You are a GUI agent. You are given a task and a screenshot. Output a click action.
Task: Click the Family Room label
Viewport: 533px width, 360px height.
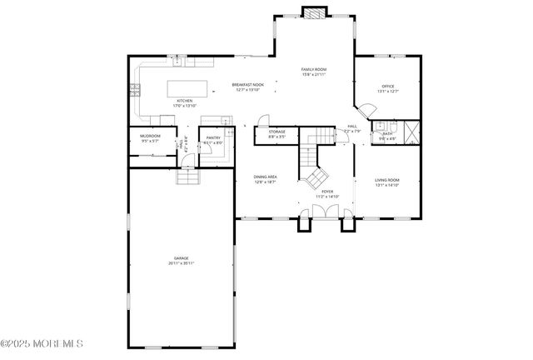(313, 69)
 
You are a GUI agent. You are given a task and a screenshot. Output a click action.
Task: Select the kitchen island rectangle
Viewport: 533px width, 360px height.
(187, 88)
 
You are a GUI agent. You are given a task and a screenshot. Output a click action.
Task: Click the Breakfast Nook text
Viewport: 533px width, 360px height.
(247, 84)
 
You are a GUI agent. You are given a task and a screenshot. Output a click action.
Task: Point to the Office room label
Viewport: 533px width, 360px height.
(387, 86)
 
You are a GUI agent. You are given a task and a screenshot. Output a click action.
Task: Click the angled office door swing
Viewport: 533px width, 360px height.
(365, 111)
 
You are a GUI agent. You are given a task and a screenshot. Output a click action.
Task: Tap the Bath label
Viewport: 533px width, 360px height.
(387, 133)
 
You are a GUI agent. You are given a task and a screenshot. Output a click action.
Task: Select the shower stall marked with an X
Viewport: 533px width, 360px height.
(410, 133)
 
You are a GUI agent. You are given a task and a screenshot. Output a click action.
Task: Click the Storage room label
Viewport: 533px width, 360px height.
(276, 132)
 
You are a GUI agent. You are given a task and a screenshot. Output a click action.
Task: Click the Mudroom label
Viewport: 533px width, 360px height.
(150, 135)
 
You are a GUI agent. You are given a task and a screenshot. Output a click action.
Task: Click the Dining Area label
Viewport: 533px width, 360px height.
(266, 177)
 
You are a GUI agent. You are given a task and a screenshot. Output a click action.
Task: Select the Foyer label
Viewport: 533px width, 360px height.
(327, 192)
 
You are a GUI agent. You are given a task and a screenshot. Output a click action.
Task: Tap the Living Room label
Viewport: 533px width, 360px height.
(387, 180)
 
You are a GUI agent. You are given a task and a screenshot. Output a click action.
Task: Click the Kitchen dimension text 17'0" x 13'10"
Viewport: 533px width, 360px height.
(184, 106)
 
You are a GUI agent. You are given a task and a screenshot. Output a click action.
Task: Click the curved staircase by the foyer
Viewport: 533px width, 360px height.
(315, 171)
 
